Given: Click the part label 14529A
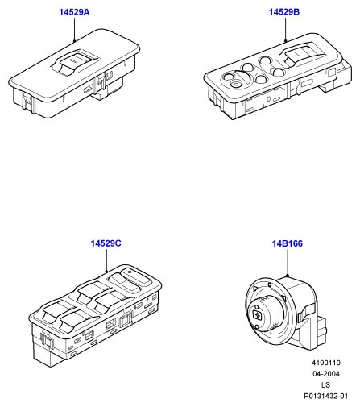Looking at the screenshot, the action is coord(74,12).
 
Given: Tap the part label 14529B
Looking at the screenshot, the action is coord(284,12).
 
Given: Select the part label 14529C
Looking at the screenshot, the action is coord(106,243).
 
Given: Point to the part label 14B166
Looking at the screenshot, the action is coord(288,243).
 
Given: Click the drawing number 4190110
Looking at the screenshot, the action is coord(326,363).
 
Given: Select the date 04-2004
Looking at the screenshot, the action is coord(326,374).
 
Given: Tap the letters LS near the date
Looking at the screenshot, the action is coord(325,384).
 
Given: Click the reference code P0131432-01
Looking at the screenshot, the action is coord(326,396).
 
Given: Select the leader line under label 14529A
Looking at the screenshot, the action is coord(74,29).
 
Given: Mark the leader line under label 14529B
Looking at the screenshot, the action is coord(285,29).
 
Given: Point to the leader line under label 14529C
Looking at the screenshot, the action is coord(106,260).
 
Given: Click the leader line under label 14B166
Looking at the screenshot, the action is coord(288,263).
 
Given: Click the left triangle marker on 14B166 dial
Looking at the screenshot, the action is coord(255,289).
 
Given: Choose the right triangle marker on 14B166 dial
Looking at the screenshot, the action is coord(283,298).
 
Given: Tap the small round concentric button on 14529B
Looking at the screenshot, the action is coord(236,85).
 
